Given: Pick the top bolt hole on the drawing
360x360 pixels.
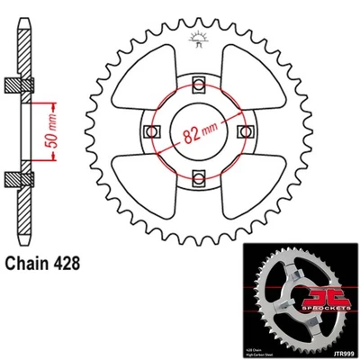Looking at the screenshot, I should tap(196, 85).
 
